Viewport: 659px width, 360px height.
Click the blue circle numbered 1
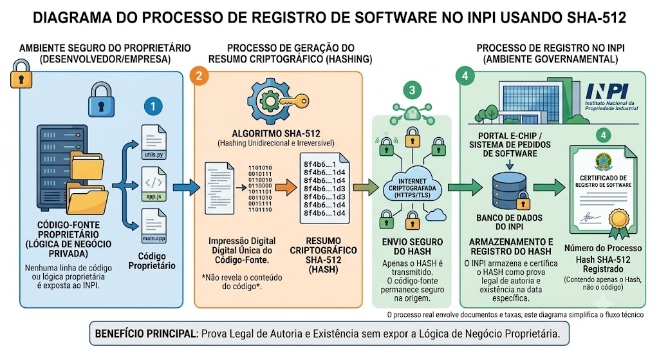pyautogui.click(x=153, y=106)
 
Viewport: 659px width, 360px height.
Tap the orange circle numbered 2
pyautogui.click(x=199, y=76)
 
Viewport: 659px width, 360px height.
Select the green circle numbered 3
pyautogui.click(x=412, y=90)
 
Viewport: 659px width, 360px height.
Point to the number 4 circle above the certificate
pyautogui.click(x=603, y=135)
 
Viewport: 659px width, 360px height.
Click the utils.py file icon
pyautogui.click(x=154, y=142)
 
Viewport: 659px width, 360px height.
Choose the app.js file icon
pyautogui.click(x=154, y=184)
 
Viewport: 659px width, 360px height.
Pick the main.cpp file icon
pyautogui.click(x=154, y=226)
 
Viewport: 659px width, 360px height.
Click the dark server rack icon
pyautogui.click(x=62, y=167)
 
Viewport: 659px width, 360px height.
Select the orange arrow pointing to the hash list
pyautogui.click(x=286, y=187)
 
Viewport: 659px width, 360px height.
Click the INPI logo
pyautogui.click(x=611, y=97)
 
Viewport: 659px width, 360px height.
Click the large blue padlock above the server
pyautogui.click(x=101, y=99)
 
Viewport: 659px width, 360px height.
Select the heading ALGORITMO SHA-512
pyautogui.click(x=276, y=134)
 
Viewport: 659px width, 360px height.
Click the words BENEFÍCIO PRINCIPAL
pyautogui.click(x=145, y=334)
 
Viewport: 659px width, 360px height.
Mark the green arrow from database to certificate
pyautogui.click(x=550, y=187)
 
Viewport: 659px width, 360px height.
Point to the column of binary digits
pyautogui.click(x=260, y=189)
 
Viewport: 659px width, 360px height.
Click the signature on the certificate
pyautogui.click(x=590, y=218)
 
